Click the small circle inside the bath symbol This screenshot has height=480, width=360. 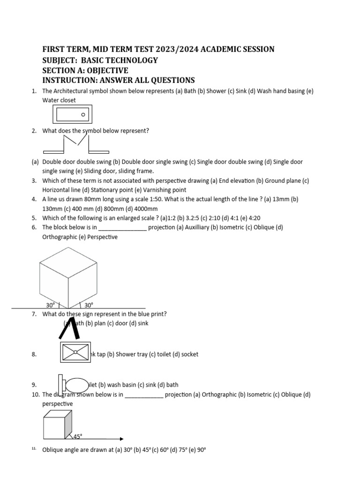83,114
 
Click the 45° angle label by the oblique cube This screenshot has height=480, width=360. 78,436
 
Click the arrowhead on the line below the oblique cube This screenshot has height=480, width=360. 121,439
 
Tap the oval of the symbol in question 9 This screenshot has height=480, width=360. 77,385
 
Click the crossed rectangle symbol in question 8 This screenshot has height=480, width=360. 75,352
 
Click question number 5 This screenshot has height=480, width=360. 34,218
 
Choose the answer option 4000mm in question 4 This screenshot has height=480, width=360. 145,209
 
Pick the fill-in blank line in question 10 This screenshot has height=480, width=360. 144,395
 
